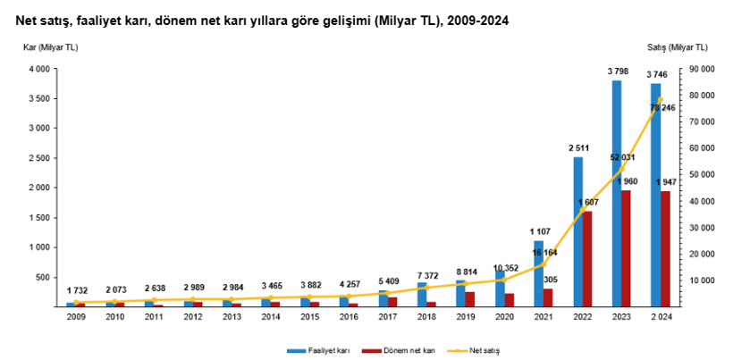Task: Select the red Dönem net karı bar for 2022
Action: pyautogui.click(x=587, y=259)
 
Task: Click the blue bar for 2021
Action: pyautogui.click(x=538, y=273)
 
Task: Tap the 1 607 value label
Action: pyautogui.click(x=588, y=202)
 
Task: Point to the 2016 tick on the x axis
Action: pyautogui.click(x=350, y=315)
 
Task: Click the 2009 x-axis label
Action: pyautogui.click(x=76, y=315)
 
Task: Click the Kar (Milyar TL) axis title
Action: pyautogui.click(x=49, y=47)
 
